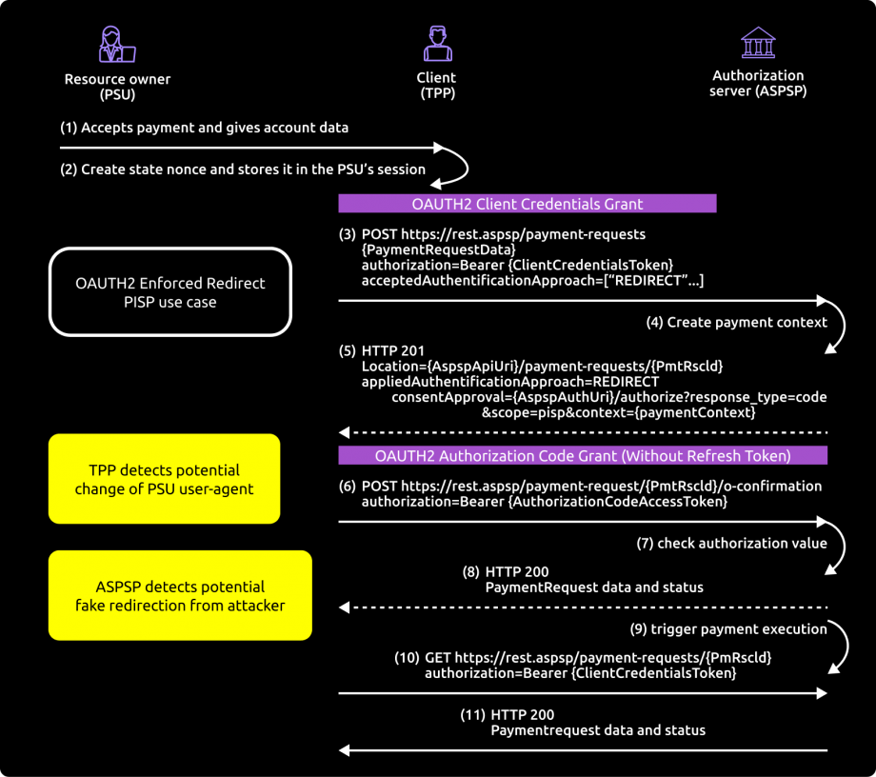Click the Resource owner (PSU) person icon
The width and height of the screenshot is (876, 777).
117,45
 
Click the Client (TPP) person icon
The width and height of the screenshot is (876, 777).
437,44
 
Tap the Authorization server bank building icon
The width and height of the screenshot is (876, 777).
758,43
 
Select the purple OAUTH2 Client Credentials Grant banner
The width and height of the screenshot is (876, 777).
527,204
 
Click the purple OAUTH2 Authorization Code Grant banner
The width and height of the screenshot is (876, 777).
583,455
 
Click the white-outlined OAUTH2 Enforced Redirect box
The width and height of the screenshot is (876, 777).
170,292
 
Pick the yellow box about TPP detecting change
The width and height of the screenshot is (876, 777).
165,479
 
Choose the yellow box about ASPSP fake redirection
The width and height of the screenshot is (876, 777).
180,595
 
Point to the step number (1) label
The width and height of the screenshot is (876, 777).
68,128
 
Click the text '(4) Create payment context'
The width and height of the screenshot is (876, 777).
736,322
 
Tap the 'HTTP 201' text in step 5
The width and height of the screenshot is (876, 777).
392,350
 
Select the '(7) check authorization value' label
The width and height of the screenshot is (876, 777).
731,543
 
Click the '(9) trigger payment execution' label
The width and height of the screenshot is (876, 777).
727,628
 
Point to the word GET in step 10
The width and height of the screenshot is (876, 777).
437,658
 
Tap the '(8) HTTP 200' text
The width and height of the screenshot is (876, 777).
505,571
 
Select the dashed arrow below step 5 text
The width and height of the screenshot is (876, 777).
583,432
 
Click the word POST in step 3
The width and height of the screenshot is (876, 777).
379,234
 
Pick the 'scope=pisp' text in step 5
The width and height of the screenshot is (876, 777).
519,412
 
